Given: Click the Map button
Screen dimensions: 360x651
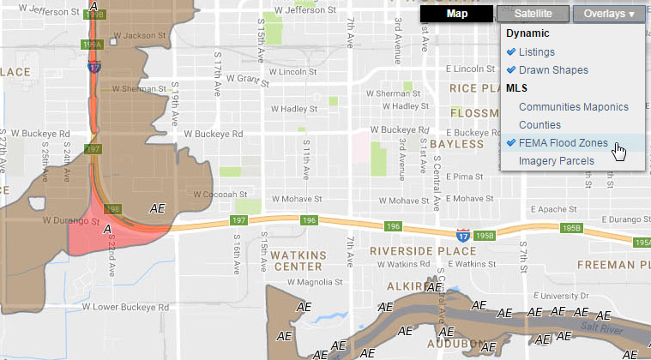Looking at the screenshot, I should point(457,14).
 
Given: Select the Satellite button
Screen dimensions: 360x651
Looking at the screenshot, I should point(533,14).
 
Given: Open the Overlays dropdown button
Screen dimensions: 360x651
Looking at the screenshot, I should point(608,14).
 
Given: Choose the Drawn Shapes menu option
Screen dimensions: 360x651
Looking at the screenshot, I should point(553,69).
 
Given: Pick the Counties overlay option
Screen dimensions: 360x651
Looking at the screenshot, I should point(539,125).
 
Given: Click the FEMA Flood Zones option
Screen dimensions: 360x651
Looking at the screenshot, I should point(563,143).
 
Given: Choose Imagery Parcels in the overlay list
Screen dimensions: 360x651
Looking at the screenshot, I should point(556,161).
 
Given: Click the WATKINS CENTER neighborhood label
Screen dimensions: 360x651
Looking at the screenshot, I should point(297,261).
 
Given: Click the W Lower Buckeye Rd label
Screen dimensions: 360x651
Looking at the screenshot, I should point(82,306).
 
